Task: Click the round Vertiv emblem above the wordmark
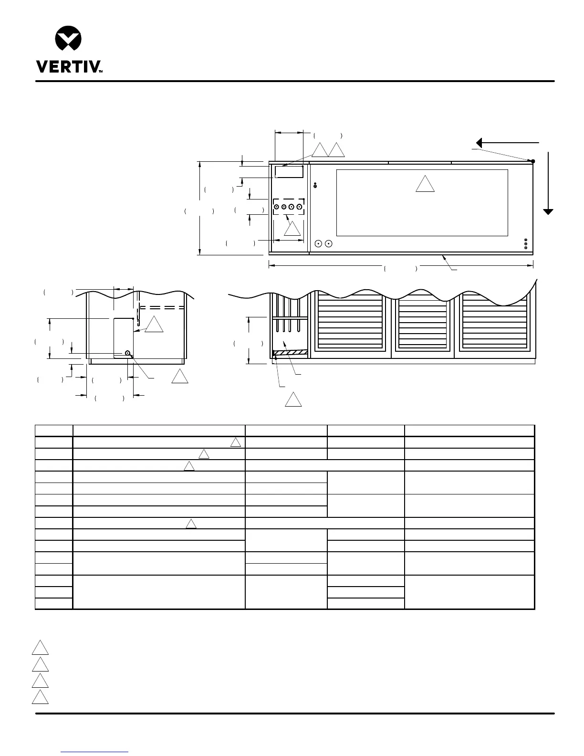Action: tap(68, 38)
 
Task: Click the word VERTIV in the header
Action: tap(69, 67)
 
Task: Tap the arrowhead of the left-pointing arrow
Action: tap(479, 143)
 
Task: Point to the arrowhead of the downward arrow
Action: tap(548, 212)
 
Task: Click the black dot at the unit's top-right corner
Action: tap(533, 161)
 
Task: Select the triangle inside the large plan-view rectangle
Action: tap(425, 184)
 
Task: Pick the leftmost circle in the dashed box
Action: tap(276, 207)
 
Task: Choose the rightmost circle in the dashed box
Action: tap(299, 207)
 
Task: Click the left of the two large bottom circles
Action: tap(318, 243)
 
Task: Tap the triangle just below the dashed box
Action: tap(292, 229)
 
